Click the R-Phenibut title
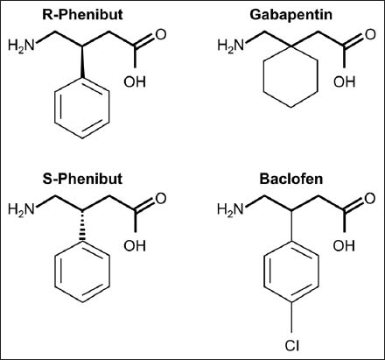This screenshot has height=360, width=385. coord(82,15)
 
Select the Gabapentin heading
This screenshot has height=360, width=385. coord(290,15)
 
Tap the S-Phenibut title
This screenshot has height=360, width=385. coord(82,179)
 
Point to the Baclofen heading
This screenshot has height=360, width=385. coord(291,179)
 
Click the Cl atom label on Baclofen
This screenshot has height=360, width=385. coord(292,345)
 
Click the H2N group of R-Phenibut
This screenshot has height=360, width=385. coord(21,46)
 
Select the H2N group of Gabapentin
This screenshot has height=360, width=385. coord(230,46)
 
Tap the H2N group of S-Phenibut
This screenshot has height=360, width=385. coord(21,209)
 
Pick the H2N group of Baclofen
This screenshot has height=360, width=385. coord(230,209)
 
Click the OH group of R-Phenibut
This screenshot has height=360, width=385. coord(135,81)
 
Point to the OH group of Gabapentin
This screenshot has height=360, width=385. coord(344,81)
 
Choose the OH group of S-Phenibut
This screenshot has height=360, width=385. coord(135,245)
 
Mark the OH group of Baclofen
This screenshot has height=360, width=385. coord(344,245)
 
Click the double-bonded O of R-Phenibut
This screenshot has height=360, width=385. coord(161,34)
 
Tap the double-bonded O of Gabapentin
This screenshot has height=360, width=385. coord(370,34)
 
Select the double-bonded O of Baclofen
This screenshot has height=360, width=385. coord(370,199)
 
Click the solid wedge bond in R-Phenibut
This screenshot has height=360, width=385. coord(82,61)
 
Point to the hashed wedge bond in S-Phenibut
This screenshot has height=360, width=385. coord(82,226)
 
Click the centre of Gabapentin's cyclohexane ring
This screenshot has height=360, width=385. coord(291,77)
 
